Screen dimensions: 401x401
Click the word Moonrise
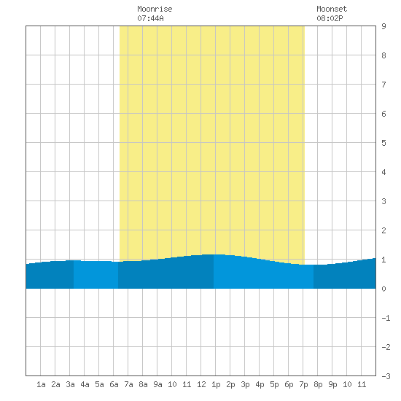click(155, 9)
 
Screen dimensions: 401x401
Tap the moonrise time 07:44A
click(150, 18)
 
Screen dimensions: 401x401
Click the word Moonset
click(332, 9)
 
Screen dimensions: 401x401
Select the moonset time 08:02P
click(330, 18)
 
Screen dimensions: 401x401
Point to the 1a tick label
click(41, 384)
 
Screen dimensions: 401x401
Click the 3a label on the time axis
click(70, 384)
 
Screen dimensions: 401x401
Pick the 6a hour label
click(114, 384)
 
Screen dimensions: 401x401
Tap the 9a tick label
click(157, 384)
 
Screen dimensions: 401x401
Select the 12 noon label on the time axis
click(201, 384)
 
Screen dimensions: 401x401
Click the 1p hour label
click(216, 384)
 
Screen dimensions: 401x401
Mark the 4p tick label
click(260, 384)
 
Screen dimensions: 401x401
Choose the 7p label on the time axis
click(303, 384)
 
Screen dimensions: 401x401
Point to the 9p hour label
click(332, 384)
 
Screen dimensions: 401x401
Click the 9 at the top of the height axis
click(384, 26)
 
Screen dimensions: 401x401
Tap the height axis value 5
click(384, 143)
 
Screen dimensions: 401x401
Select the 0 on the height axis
click(384, 289)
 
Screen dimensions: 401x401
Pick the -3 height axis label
click(386, 376)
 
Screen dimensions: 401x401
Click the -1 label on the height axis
click(386, 318)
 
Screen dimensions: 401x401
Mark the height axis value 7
click(384, 85)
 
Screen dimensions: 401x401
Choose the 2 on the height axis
click(384, 230)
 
